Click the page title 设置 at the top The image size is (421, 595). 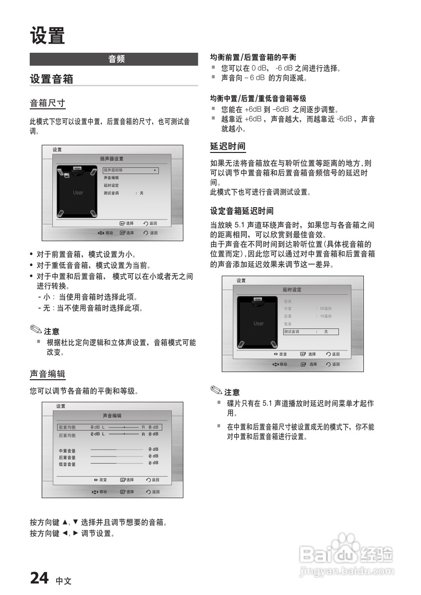(47, 36)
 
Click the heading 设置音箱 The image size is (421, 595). (51, 79)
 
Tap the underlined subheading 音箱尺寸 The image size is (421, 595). (47, 103)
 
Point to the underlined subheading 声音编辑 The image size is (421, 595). (47, 374)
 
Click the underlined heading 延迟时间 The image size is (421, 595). (228, 146)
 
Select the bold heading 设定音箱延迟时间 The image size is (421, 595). (241, 211)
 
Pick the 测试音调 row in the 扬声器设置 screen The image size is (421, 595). (112, 193)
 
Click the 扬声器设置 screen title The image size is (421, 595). (112, 159)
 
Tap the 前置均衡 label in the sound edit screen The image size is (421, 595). (67, 427)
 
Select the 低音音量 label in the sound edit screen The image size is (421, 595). (67, 464)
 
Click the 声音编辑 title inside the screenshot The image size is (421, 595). (112, 415)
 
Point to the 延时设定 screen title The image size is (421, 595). (292, 290)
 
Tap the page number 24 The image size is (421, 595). (39, 579)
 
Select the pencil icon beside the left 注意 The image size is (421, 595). (36, 330)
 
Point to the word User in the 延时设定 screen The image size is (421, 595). (258, 324)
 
